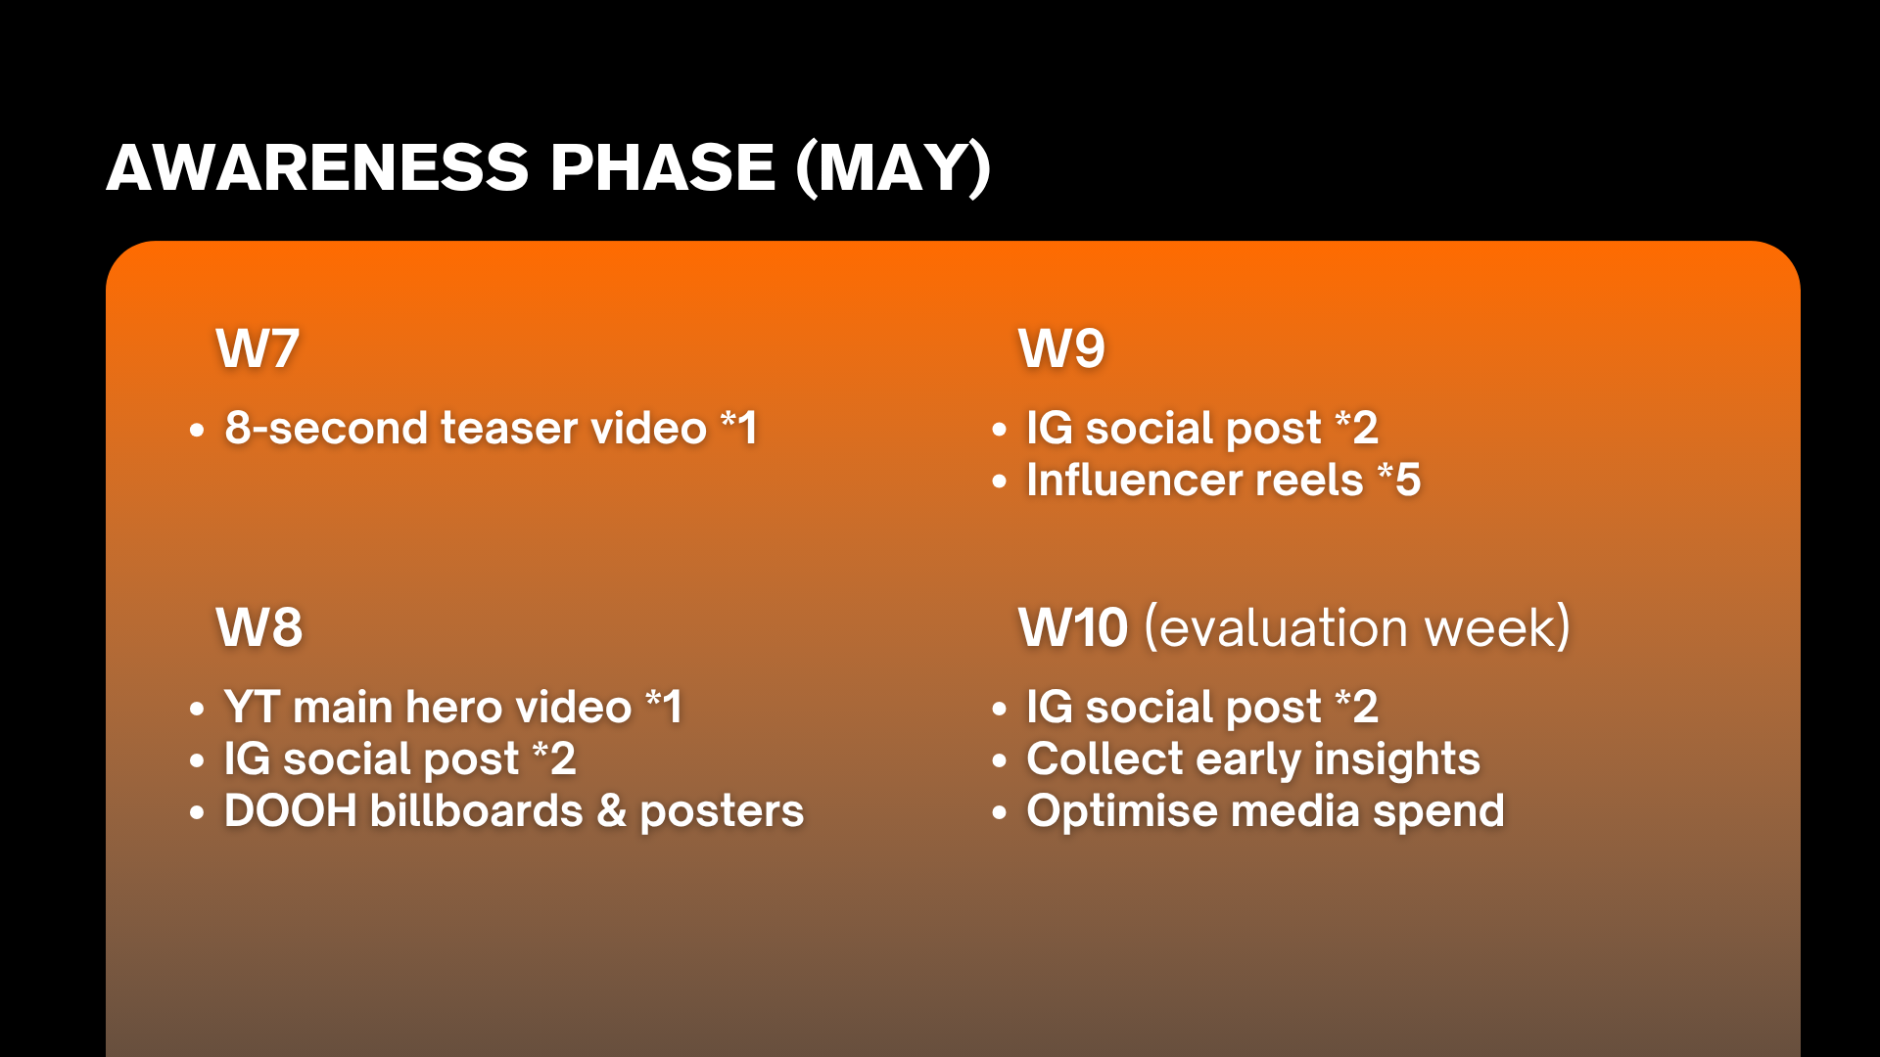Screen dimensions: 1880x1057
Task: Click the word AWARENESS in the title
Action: [x=318, y=167]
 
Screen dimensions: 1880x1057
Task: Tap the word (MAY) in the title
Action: [x=894, y=168]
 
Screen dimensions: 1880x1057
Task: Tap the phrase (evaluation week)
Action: [x=1357, y=627]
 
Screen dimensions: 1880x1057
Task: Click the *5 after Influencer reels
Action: [x=1399, y=480]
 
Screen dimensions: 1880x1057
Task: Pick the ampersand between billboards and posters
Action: [x=612, y=810]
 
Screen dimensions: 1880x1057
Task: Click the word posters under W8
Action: [x=722, y=812]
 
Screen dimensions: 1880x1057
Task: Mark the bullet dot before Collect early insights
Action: [x=999, y=761]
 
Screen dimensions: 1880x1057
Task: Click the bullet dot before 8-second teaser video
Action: [x=197, y=430]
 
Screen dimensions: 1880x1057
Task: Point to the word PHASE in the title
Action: [x=663, y=167]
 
